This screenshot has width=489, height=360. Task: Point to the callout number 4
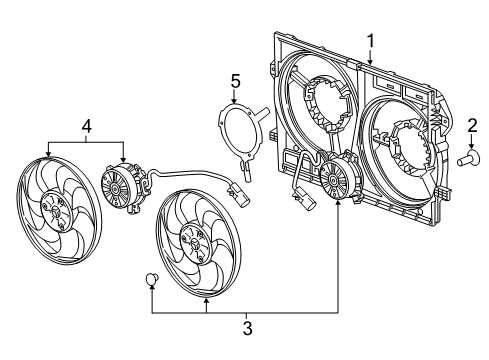86,126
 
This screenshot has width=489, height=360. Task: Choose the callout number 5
235,81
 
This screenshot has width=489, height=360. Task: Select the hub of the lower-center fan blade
190,246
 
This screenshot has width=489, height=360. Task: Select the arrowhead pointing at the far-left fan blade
47,154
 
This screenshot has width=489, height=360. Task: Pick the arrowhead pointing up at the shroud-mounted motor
339,206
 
